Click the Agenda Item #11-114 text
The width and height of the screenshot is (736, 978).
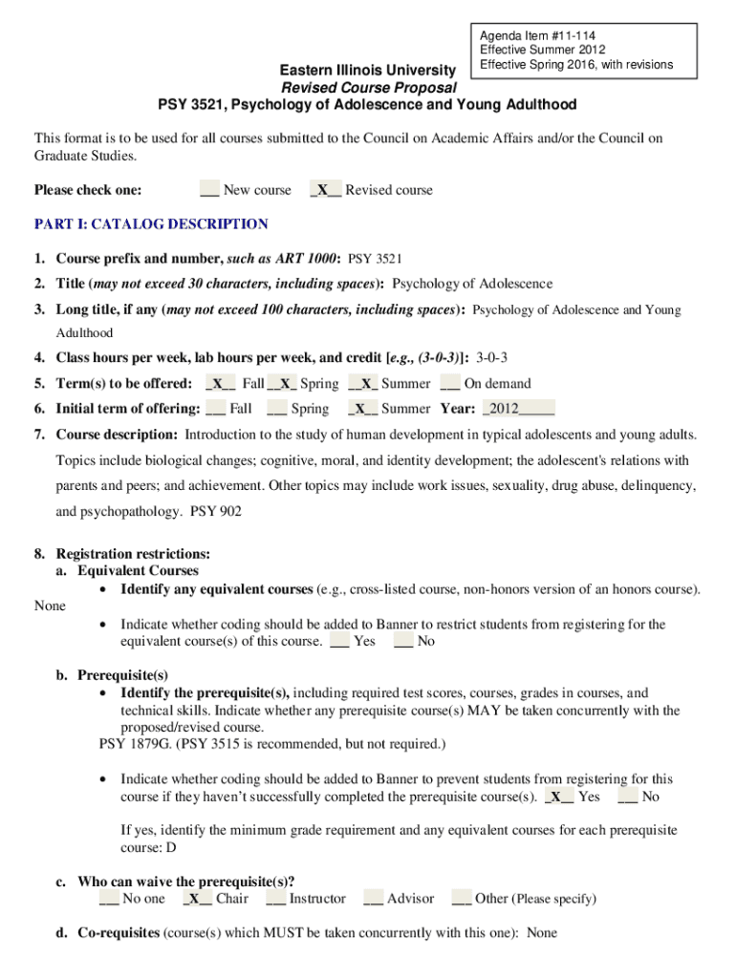click(531, 35)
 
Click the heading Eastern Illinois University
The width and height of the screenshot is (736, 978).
click(367, 70)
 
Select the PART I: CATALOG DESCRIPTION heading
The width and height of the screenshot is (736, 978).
click(151, 224)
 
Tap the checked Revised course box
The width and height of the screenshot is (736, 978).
click(325, 190)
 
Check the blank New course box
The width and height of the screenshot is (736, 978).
click(209, 190)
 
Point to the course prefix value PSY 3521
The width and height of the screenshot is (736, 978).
click(376, 259)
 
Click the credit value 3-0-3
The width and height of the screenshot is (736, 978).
click(491, 358)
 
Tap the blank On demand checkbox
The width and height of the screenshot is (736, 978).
click(450, 384)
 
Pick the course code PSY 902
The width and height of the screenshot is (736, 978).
click(216, 511)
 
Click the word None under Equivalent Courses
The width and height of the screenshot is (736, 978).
click(50, 606)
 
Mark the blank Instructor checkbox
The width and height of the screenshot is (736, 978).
click(276, 899)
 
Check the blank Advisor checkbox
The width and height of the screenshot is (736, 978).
click(373, 899)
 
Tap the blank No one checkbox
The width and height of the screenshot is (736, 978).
click(109, 899)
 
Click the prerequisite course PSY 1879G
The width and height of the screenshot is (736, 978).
click(130, 744)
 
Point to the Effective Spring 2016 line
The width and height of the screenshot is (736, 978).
click(576, 65)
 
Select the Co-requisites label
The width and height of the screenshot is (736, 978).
click(119, 932)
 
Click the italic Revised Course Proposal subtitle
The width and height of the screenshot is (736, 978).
click(367, 87)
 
